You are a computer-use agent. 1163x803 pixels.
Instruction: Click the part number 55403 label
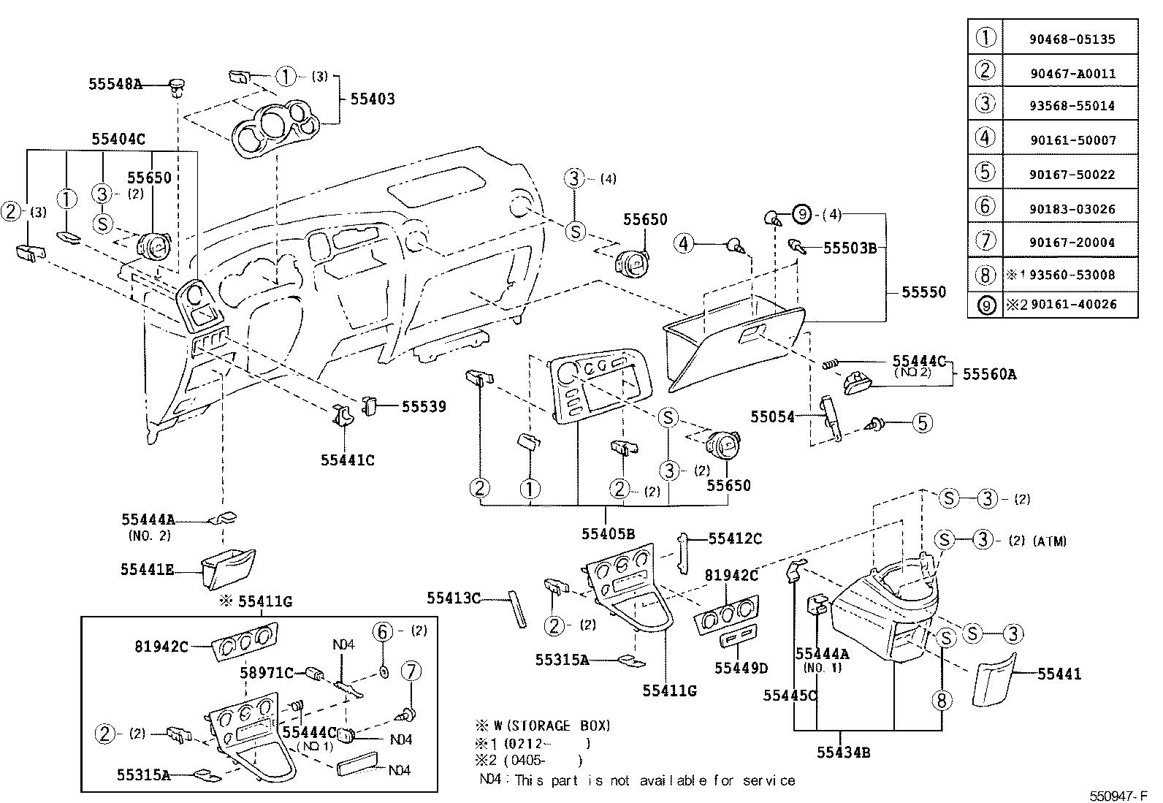tap(372, 99)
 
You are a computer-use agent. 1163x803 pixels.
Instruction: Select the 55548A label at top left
tap(115, 84)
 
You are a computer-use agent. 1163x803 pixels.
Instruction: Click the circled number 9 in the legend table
tap(986, 305)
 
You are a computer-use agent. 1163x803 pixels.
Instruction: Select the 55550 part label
tap(923, 292)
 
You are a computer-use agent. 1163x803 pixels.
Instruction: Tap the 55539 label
tap(424, 406)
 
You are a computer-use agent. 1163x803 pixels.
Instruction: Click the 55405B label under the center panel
tap(608, 533)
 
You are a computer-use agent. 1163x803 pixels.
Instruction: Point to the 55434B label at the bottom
tap(843, 753)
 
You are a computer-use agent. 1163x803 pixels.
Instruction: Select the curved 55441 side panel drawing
tap(993, 680)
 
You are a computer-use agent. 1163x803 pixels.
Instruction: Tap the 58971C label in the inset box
tap(267, 672)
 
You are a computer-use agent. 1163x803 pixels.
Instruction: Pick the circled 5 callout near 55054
tap(923, 422)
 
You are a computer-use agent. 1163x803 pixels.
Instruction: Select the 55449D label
tap(741, 668)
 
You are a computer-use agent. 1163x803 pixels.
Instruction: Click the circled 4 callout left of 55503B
tap(683, 243)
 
